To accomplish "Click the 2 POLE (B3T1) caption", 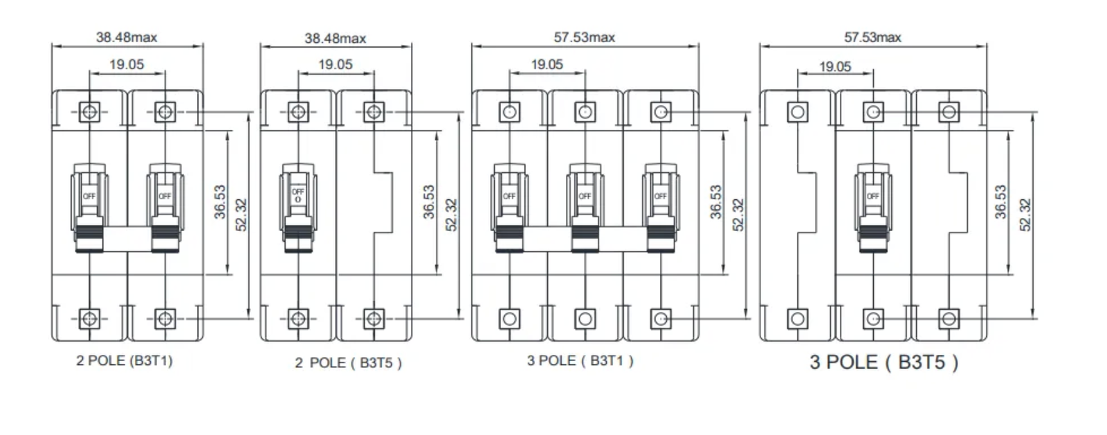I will (125, 360).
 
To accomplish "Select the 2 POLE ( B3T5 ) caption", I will (348, 362).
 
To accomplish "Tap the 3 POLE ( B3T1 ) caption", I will (580, 360).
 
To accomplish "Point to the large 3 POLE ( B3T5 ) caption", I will (884, 362).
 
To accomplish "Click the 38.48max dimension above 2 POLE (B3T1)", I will (127, 37).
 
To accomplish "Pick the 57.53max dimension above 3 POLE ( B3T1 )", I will (584, 37).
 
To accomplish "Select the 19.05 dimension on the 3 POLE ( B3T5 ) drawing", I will (835, 66).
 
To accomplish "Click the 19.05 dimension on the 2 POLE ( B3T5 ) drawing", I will (336, 64).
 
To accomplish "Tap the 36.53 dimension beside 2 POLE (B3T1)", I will (221, 202).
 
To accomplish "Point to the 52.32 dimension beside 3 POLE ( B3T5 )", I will (1025, 214).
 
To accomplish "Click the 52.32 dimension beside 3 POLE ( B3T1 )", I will (738, 214).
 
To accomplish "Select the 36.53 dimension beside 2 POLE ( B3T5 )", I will (430, 202).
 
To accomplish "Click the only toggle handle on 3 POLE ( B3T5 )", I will (873, 207).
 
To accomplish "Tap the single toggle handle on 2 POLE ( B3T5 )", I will (298, 207).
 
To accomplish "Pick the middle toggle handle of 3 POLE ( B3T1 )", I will (585, 207).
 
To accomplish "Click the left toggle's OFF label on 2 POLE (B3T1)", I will (89, 196).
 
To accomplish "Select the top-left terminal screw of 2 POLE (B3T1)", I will (89, 111).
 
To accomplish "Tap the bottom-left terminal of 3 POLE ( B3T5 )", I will (798, 319).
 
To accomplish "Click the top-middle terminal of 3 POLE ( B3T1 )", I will (585, 111).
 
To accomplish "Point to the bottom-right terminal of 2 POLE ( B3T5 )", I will (374, 319).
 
